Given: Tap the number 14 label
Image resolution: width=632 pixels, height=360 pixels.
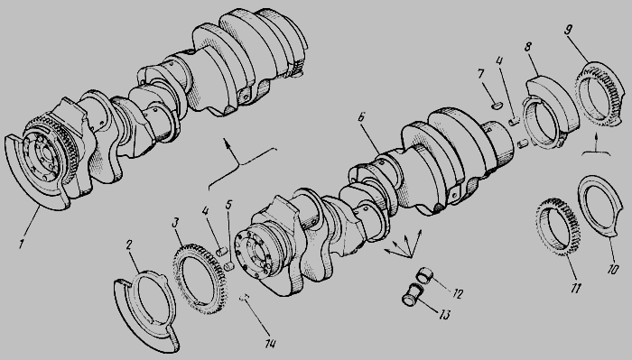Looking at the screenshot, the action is click(x=270, y=343).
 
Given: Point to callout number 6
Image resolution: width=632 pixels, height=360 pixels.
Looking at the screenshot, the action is click(x=361, y=117).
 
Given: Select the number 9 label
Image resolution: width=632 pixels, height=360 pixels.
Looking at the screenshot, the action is click(x=569, y=30).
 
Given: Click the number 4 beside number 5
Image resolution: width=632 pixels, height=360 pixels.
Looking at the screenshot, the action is click(x=206, y=210).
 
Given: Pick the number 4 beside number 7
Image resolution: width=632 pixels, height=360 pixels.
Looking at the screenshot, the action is click(x=499, y=61).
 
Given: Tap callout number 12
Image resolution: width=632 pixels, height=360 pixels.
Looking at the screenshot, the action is click(x=457, y=293).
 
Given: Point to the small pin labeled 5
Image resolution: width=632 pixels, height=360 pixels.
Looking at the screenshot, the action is click(x=229, y=266).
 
